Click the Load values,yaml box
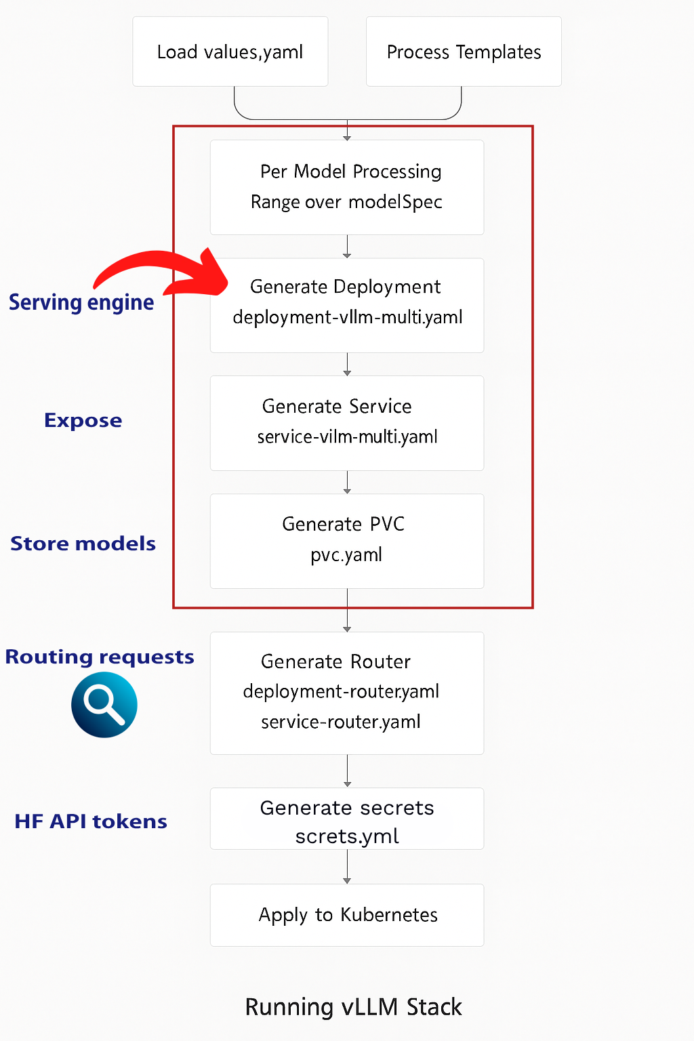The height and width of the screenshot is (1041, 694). [x=230, y=52]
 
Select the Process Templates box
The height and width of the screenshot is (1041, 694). [x=464, y=52]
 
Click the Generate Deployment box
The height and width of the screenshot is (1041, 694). [x=347, y=305]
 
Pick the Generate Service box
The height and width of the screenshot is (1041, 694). [x=347, y=423]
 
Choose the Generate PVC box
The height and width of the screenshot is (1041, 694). [x=347, y=541]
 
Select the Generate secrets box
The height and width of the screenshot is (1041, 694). [x=347, y=818]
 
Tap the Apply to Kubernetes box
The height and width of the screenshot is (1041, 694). [x=347, y=915]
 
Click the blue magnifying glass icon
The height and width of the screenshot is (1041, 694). [x=104, y=705]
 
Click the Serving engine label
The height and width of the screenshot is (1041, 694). [x=81, y=302]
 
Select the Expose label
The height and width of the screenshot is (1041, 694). [x=83, y=420]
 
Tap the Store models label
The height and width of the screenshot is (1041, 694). [x=83, y=544]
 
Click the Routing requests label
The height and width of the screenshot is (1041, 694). [x=100, y=657]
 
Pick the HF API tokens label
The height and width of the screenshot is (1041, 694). [x=91, y=821]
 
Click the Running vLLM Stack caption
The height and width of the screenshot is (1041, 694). [x=353, y=1007]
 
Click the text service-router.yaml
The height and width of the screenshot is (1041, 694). [x=341, y=722]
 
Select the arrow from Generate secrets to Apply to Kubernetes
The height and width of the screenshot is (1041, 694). [x=347, y=867]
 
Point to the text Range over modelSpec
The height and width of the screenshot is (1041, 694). [x=346, y=202]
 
